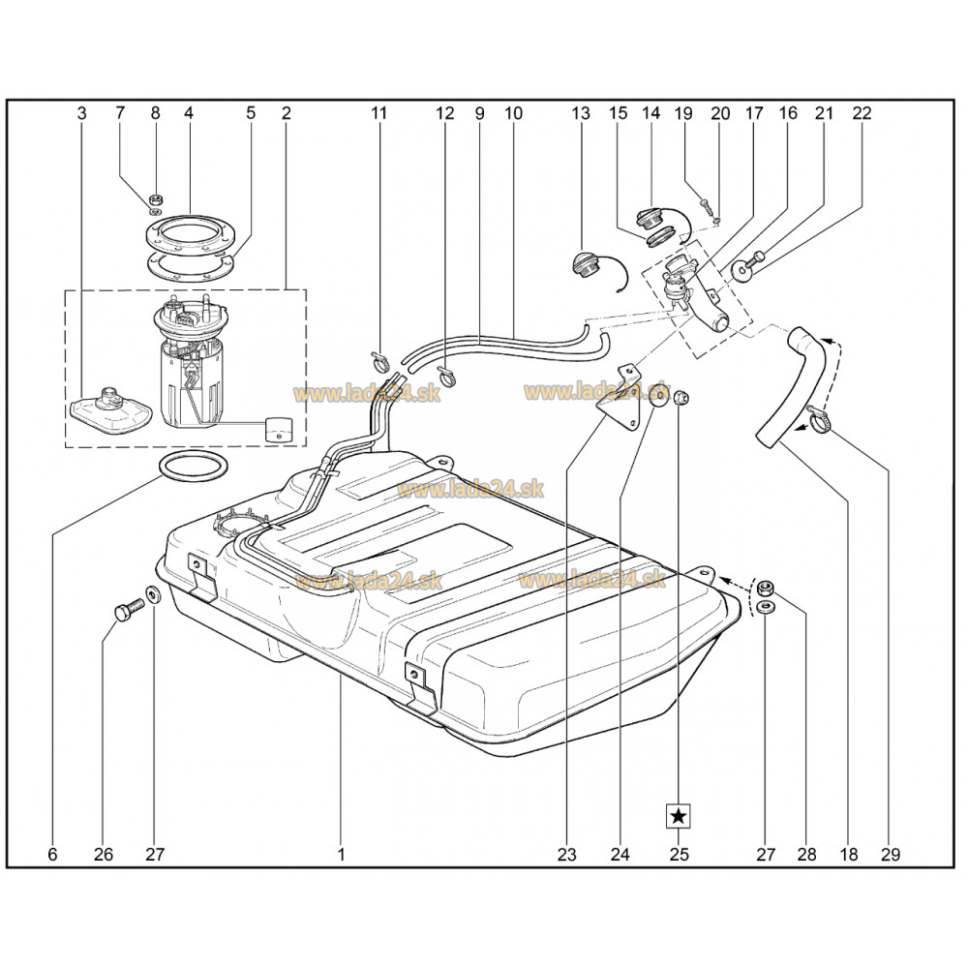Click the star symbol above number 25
(x=679, y=816)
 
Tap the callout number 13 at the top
(x=580, y=113)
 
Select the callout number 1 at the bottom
(x=341, y=855)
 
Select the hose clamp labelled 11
(x=380, y=362)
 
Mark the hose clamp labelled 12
(x=447, y=376)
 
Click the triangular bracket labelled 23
(x=619, y=399)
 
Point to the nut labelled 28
(x=766, y=586)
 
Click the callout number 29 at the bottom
(x=891, y=855)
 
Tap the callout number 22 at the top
(x=862, y=113)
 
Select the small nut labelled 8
(x=157, y=199)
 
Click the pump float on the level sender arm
(x=279, y=428)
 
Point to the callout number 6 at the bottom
(x=52, y=855)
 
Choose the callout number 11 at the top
(x=378, y=113)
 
